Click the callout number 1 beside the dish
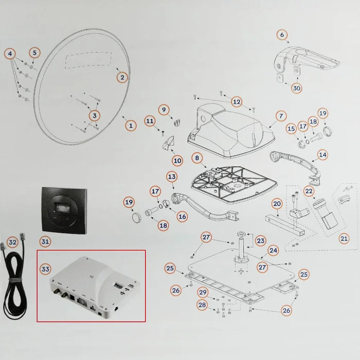(131, 125)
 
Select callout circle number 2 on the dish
(122, 78)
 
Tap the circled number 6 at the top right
(282, 35)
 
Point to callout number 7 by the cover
(281, 116)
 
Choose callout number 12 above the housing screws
(236, 101)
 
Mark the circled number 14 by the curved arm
(322, 154)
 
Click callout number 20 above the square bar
(277, 204)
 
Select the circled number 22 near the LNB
(309, 191)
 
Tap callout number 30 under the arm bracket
(297, 88)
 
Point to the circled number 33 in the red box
(45, 268)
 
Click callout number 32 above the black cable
(13, 242)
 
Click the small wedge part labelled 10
(168, 143)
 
